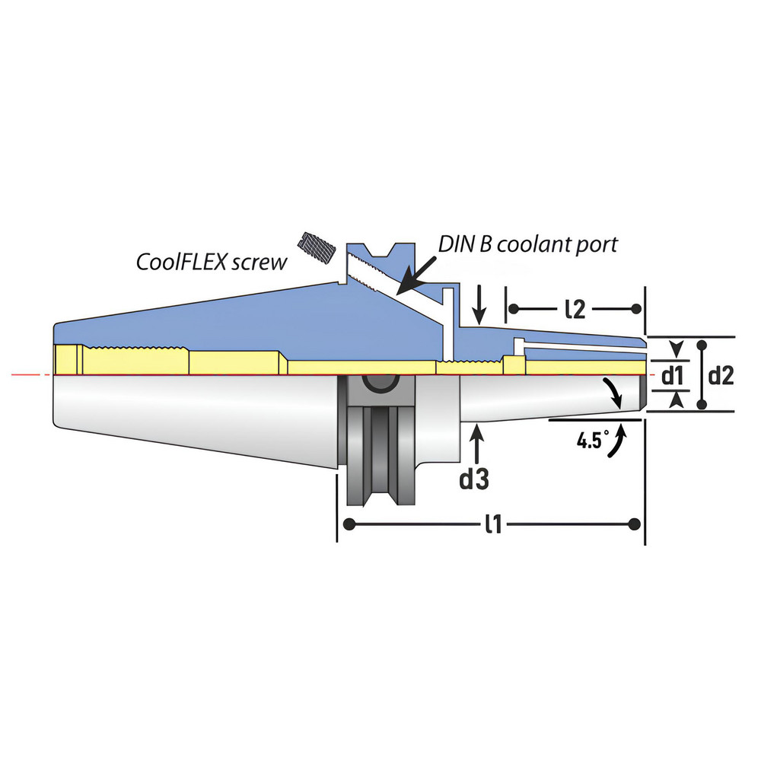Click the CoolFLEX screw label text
coord(212,263)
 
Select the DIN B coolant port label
coord(527,244)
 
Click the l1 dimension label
coord(492,524)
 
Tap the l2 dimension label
coord(575,308)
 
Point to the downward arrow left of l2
coord(477,307)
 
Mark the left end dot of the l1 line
coord(349,524)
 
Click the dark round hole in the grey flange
coord(377,383)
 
